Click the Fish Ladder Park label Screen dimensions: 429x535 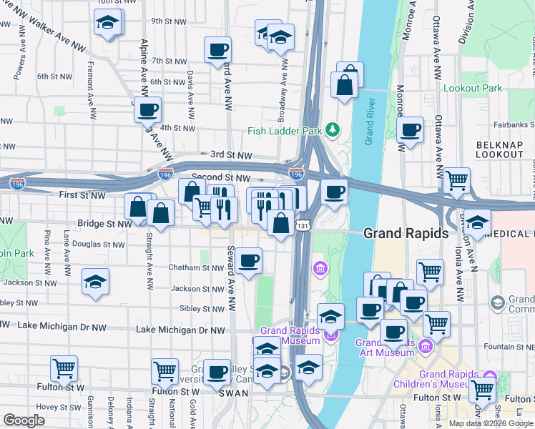[x=285, y=130]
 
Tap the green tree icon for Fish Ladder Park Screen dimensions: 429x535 [x=332, y=129]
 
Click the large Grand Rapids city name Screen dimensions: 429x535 [x=406, y=233]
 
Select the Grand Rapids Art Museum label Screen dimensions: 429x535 [x=386, y=347]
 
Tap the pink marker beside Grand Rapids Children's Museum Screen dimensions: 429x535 [x=490, y=376]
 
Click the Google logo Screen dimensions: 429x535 [x=24, y=420]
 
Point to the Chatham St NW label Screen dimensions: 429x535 [x=196, y=268]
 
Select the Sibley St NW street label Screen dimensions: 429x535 [x=203, y=309]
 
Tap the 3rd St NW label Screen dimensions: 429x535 [x=231, y=154]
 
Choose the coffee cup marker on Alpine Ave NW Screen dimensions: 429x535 [x=147, y=110]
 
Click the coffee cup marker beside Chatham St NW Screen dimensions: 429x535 [x=249, y=261]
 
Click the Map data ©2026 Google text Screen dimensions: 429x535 [x=491, y=423]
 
